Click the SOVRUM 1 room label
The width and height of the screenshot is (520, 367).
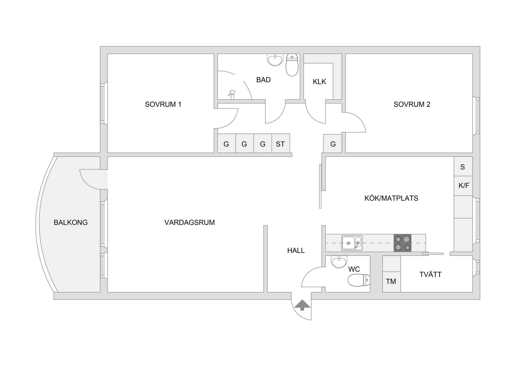pos(163,104)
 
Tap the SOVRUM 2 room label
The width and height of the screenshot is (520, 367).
pos(412,104)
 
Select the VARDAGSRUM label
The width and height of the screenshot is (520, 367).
pos(189,223)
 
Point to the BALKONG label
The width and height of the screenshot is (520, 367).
pos(71,223)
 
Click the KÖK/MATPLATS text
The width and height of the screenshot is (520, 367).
pos(391,198)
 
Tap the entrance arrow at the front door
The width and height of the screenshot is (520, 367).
pos(302,305)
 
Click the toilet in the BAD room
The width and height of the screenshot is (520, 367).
pos(292,65)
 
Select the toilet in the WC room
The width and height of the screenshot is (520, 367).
pos(359,280)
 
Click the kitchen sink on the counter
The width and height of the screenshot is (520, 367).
pos(352,243)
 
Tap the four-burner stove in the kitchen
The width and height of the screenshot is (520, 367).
pos(402,243)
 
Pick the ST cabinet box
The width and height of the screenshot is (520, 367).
pos(281,143)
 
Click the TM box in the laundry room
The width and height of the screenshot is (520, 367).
pos(392,282)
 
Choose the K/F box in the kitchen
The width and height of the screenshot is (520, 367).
pos(463,186)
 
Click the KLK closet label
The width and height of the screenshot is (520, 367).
pos(319,82)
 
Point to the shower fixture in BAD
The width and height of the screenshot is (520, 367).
pos(232,94)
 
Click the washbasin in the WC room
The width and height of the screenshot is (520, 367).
pos(339,262)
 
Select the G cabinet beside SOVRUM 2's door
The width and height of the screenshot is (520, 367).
pos(333,144)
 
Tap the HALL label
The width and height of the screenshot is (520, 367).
pos(296,251)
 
